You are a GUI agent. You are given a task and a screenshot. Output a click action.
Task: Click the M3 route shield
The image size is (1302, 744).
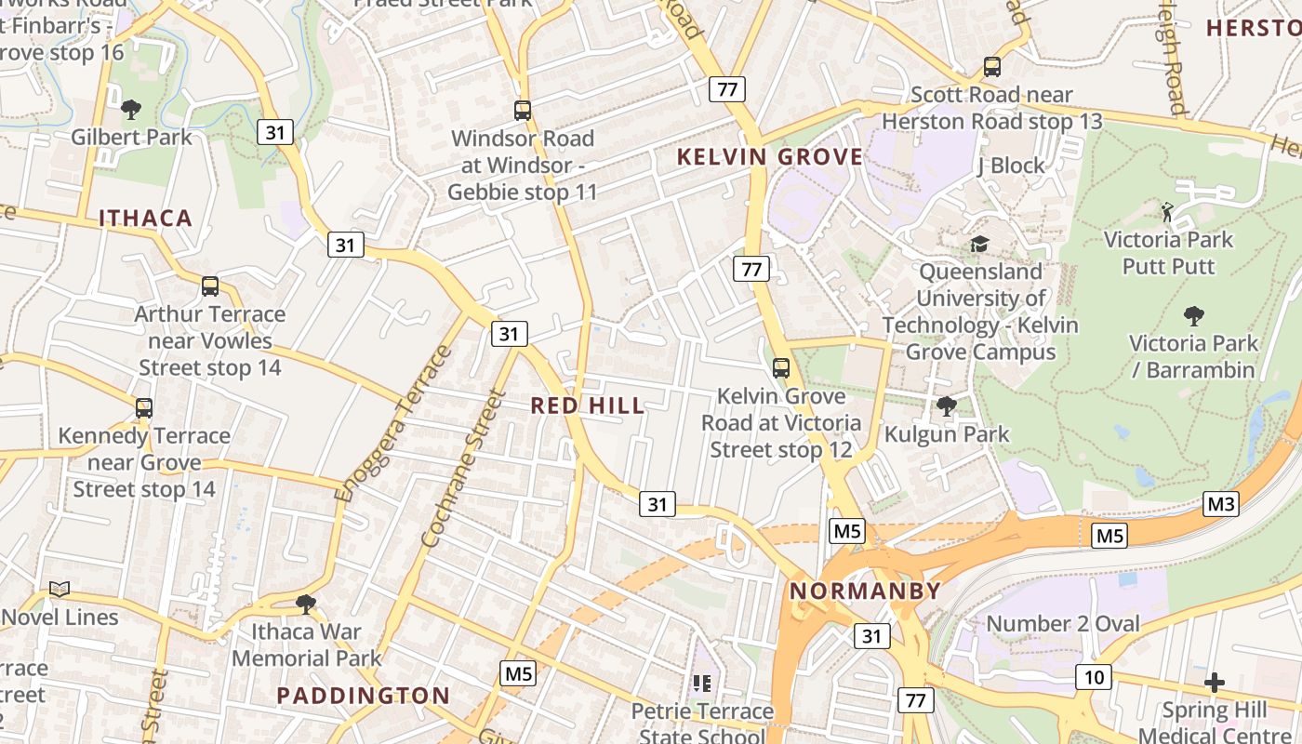click(1220, 504)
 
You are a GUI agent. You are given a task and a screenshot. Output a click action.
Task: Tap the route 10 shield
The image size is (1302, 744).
click(1094, 677)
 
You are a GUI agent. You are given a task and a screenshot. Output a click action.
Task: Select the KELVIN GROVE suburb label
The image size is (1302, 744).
click(770, 156)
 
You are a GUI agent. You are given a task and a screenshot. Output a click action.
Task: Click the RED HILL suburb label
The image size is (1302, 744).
click(587, 405)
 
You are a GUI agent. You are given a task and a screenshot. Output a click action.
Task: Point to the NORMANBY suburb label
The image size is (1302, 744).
click(866, 591)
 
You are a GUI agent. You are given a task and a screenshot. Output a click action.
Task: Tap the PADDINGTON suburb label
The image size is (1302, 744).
click(364, 696)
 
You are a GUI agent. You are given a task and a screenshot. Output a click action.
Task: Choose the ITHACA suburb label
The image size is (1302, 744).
click(145, 219)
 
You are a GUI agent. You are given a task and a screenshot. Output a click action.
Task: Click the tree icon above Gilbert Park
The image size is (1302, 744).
click(131, 110)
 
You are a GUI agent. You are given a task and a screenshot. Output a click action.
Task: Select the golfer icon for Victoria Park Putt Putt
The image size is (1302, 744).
click(1167, 212)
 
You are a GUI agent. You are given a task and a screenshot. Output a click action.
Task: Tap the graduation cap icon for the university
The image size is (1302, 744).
click(979, 244)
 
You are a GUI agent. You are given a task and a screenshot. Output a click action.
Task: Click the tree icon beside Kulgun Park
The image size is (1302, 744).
click(947, 405)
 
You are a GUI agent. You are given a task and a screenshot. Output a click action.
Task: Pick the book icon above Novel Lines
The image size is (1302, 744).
click(60, 589)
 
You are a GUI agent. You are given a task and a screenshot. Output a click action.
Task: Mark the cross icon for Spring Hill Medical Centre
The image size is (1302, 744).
click(1214, 684)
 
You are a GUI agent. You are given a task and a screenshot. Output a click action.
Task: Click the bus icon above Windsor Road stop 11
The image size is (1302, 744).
click(523, 111)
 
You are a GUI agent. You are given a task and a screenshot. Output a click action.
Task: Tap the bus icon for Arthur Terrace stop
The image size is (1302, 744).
click(210, 286)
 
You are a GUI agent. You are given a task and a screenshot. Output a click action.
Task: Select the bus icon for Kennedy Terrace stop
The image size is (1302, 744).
click(144, 407)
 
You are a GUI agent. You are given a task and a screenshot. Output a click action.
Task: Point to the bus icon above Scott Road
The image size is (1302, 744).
click(992, 67)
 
